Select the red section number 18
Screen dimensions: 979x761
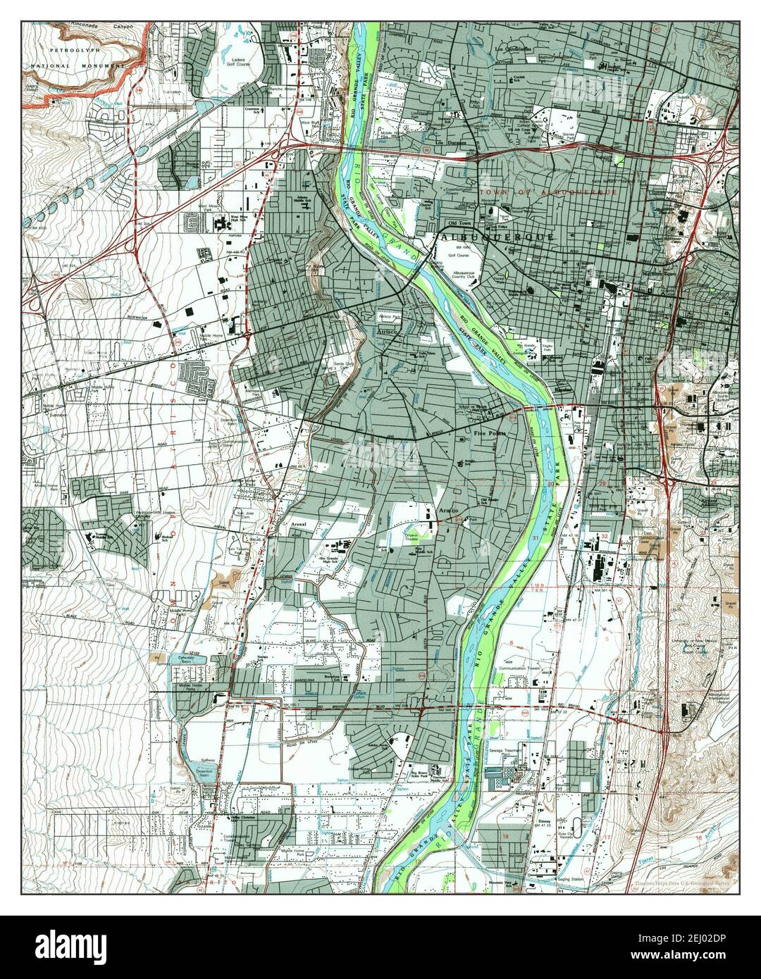(x=506, y=835)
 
